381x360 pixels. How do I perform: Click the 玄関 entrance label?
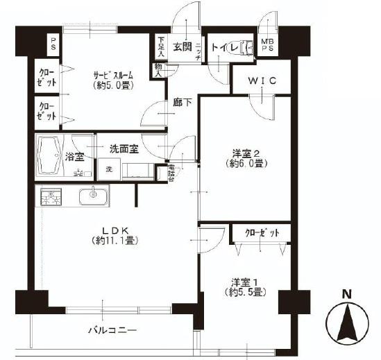click(x=182, y=47)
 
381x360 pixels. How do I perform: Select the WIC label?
click(x=263, y=81)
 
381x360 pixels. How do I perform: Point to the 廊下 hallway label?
click(x=182, y=106)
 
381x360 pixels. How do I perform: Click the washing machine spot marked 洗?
click(x=109, y=169)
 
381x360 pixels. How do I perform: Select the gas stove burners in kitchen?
click(x=51, y=197)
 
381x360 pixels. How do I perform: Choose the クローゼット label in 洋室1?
click(x=256, y=234)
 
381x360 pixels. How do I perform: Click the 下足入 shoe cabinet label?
click(x=160, y=47)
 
